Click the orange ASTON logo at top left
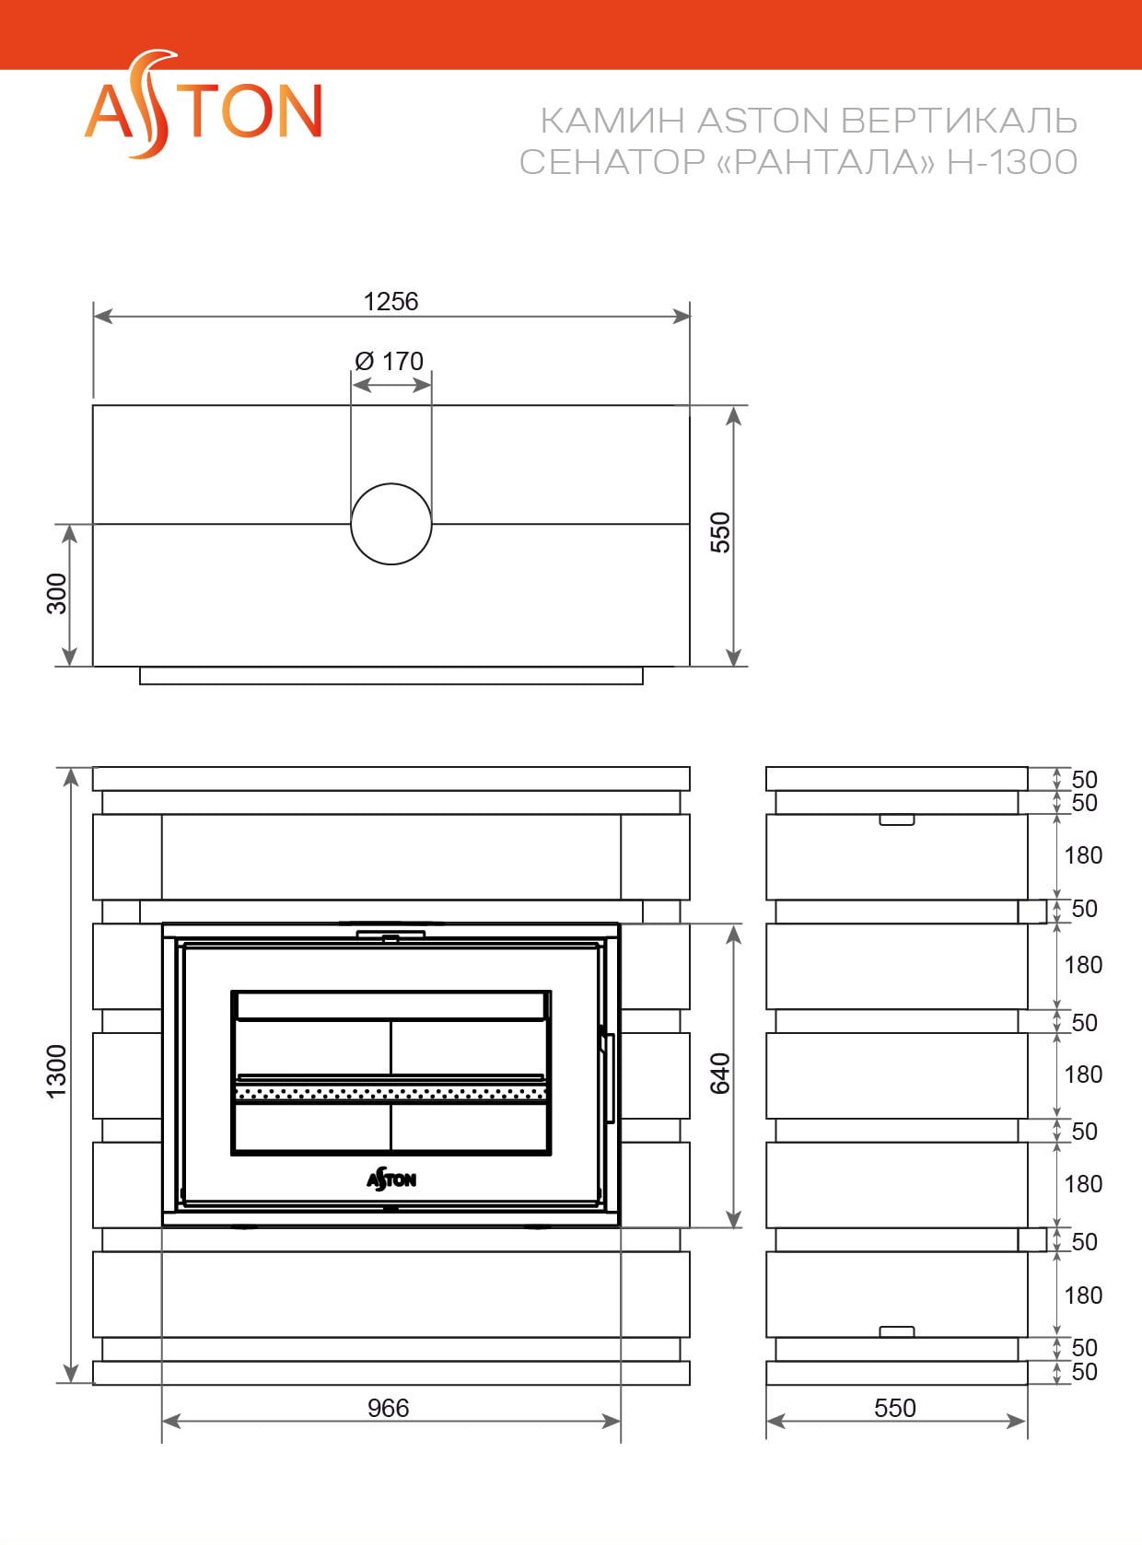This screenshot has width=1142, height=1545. tap(202, 104)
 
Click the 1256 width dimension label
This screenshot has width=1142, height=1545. tap(390, 302)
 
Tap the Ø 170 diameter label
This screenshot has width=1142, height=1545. tap(389, 361)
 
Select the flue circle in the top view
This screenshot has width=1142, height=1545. tap(390, 524)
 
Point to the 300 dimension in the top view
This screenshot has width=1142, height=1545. tap(56, 594)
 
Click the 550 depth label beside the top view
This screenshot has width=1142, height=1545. tap(720, 532)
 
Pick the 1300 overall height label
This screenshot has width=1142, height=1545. tap(56, 1072)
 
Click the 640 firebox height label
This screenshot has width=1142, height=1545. tap(720, 1074)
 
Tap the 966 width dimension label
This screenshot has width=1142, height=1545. tap(388, 1408)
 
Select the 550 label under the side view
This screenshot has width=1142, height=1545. tap(894, 1408)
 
